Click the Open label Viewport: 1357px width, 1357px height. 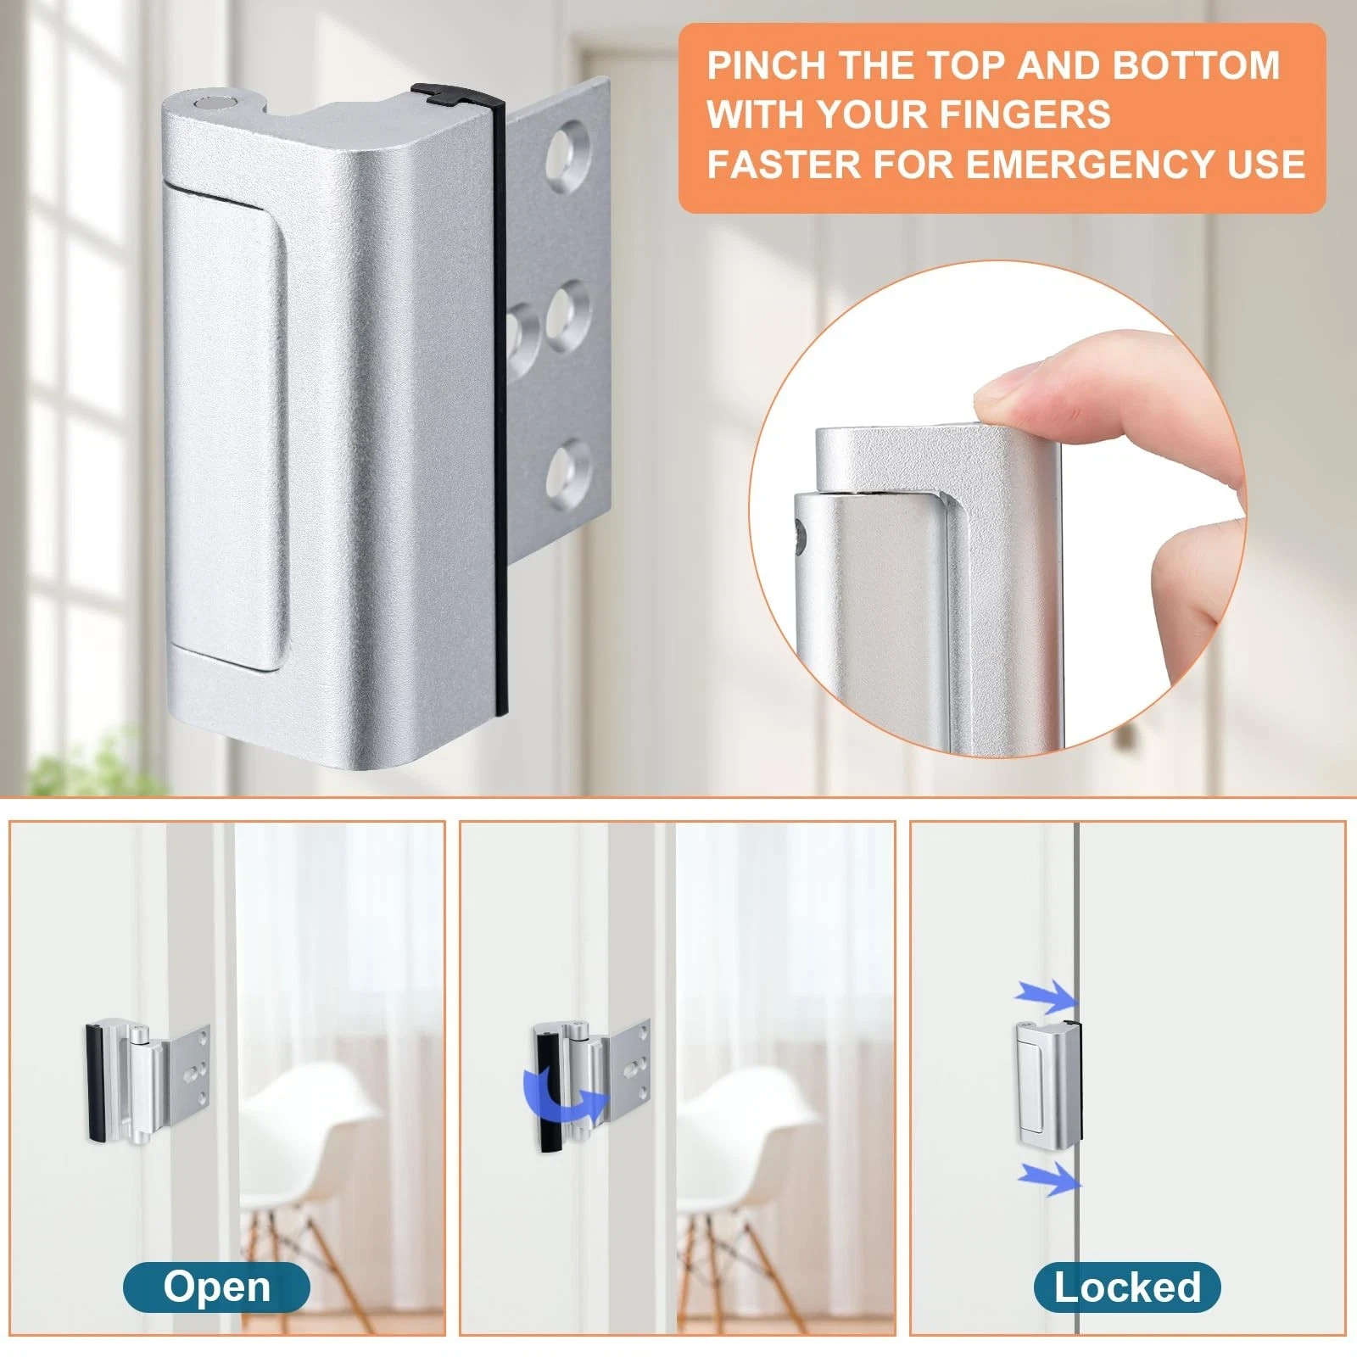217,1287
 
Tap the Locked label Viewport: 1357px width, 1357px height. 1127,1287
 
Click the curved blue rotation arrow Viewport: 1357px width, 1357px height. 564,1095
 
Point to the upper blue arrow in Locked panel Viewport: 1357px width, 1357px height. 1046,997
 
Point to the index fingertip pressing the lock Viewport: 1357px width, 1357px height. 1009,399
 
